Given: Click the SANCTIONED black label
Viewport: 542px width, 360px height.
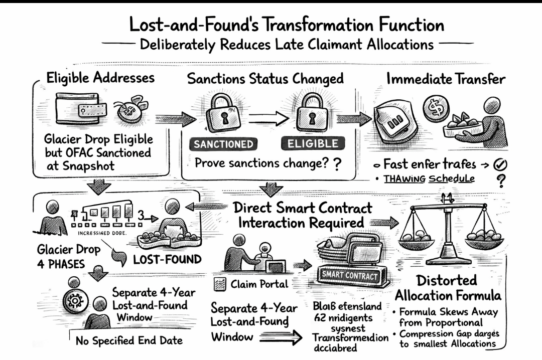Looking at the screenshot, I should point(223,145).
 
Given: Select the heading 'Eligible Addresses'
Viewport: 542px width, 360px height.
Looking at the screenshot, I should point(100,78).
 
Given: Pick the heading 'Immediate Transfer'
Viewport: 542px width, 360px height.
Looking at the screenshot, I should point(446,79).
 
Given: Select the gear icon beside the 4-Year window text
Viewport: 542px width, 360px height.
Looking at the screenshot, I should point(79,301).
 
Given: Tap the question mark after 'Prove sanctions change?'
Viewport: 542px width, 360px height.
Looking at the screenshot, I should point(337,164).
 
